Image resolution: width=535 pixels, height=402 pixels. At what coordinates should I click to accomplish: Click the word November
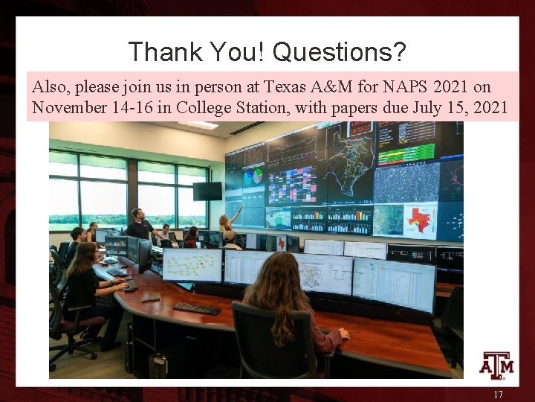68,107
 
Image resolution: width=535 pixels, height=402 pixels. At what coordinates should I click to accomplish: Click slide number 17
498,394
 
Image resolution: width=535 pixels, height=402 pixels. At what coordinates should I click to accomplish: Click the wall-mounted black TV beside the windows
207,191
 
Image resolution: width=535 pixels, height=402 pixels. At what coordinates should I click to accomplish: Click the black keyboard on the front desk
197,307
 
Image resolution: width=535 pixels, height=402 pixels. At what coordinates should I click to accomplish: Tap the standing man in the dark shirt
139,226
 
